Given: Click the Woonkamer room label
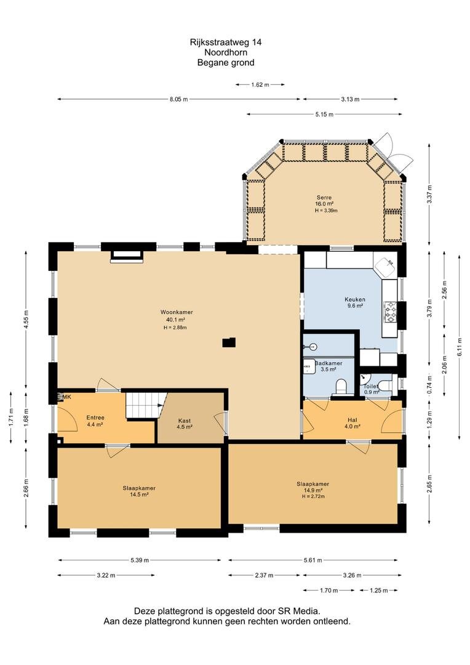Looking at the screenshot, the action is (177, 312).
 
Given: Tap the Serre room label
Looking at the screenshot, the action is (324, 197).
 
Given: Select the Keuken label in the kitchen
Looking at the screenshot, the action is (355, 299).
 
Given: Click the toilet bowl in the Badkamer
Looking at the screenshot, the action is (341, 386).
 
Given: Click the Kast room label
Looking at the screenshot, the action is (185, 421).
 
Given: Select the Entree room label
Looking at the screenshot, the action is (95, 417).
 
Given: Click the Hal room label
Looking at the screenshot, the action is (352, 420).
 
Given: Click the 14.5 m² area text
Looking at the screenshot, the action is (139, 494).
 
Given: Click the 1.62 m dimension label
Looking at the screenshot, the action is (260, 85).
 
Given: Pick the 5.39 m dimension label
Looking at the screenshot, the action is (140, 560).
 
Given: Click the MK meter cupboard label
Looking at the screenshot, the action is (66, 397).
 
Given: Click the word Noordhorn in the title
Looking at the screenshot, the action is (226, 52).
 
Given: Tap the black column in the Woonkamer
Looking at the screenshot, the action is (229, 342).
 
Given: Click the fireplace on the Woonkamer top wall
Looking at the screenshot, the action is (127, 256).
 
